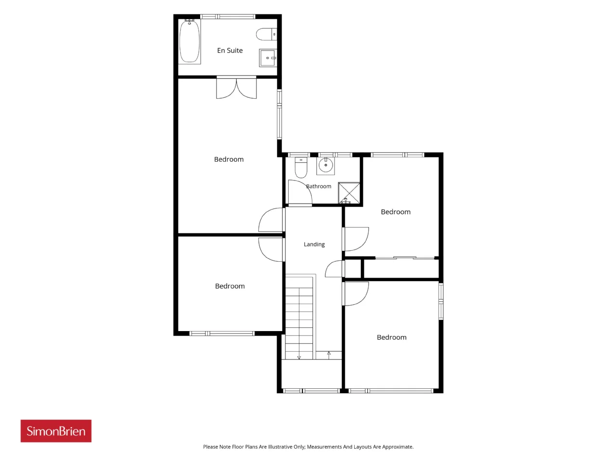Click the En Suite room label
[230, 51]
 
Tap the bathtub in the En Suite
[190, 41]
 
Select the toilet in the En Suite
[266, 34]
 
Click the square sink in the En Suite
[268, 58]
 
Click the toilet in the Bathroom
[301, 167]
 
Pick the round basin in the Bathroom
[325, 166]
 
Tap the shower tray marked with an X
[349, 192]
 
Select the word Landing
[314, 244]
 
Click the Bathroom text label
[319, 186]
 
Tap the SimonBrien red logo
[56, 431]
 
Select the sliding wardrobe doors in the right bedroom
[405, 257]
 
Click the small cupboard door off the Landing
[334, 269]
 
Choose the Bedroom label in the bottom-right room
[391, 337]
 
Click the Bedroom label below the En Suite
[229, 159]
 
